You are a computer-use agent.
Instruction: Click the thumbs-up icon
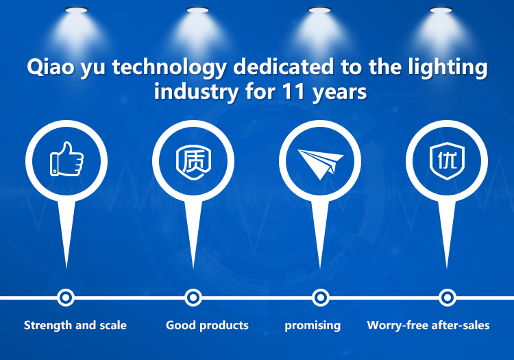point(66,159)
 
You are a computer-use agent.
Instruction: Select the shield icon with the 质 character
point(193,163)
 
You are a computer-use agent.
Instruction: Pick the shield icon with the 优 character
point(447,160)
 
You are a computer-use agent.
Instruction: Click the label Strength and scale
point(75,325)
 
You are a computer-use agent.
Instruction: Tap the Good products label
point(207,325)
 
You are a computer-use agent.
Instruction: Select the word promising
point(313,326)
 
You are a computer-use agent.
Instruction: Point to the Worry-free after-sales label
point(428,325)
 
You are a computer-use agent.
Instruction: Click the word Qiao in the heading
point(51,67)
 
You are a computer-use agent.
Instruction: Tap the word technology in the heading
point(169,68)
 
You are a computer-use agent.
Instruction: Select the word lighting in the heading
point(448,67)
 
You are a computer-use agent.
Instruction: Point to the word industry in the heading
point(197,93)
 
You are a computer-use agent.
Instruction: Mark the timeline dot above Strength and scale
point(66,298)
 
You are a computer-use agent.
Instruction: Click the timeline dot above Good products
point(193,298)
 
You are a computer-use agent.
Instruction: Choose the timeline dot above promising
point(320,298)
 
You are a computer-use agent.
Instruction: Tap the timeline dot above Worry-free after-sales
point(447,298)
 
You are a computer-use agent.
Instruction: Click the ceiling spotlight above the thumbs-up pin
point(76,10)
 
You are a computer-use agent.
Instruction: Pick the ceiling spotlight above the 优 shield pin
point(441,10)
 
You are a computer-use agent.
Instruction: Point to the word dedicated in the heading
point(284,67)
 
